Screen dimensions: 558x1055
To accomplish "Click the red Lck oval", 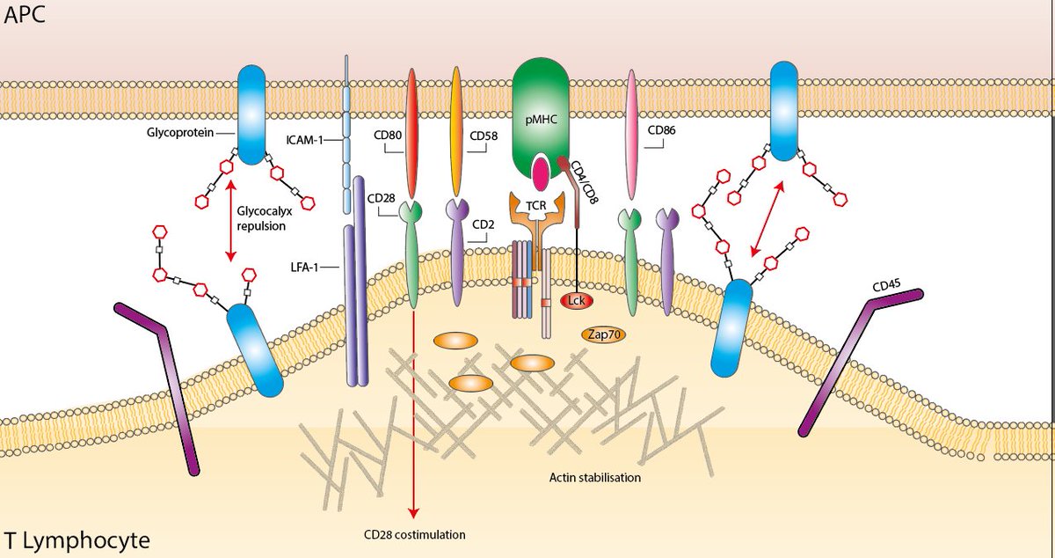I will click(577, 301).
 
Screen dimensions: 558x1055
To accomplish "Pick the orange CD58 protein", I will click(456, 132).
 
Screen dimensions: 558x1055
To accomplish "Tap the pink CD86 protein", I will click(630, 136).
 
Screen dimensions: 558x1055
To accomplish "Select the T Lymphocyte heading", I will click(76, 539).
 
